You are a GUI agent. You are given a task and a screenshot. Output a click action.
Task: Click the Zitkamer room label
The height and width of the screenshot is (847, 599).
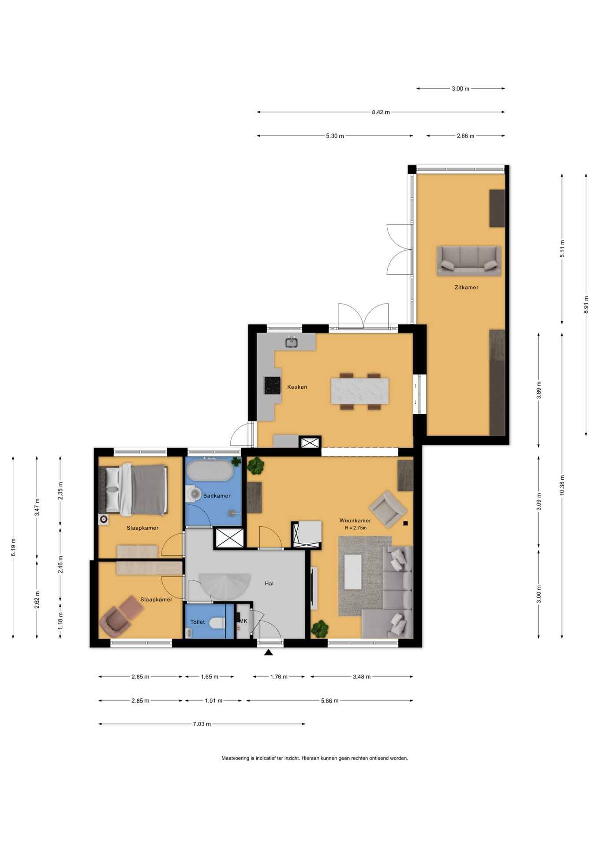click(x=466, y=287)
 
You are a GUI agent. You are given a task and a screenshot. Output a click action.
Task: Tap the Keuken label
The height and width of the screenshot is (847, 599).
click(x=297, y=387)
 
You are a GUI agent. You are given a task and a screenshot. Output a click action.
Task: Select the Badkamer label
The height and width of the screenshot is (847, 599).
click(x=217, y=496)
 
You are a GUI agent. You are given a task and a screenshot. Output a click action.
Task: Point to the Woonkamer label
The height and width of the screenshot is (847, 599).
click(x=355, y=521)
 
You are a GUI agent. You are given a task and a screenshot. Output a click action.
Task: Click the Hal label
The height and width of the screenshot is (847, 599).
click(x=269, y=583)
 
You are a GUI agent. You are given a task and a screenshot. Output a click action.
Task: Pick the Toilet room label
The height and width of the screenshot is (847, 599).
click(x=198, y=622)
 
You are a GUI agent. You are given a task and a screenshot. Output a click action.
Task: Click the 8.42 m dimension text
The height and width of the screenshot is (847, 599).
click(x=381, y=112)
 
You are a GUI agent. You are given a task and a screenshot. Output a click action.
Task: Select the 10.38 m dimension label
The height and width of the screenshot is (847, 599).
click(x=562, y=485)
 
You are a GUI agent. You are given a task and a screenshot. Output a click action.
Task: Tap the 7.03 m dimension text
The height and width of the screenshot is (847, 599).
click(x=202, y=724)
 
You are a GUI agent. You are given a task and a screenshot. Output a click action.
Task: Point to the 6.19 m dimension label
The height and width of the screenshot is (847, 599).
click(x=13, y=547)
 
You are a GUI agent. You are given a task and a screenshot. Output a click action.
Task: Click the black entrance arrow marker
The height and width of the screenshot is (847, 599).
click(x=268, y=652)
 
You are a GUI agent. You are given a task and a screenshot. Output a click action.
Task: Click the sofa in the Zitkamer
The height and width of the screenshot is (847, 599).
click(x=469, y=261)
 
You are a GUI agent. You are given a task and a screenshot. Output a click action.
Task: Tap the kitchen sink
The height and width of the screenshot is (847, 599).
click(x=291, y=342)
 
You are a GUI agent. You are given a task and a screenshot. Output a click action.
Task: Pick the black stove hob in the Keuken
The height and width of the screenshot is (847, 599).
click(x=272, y=386)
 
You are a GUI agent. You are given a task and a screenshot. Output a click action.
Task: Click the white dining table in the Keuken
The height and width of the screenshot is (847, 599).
click(x=360, y=390)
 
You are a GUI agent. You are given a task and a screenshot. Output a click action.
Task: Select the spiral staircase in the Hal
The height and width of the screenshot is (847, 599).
click(x=225, y=585)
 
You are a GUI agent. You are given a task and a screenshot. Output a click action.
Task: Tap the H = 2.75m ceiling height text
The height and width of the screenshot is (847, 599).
click(x=356, y=528)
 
